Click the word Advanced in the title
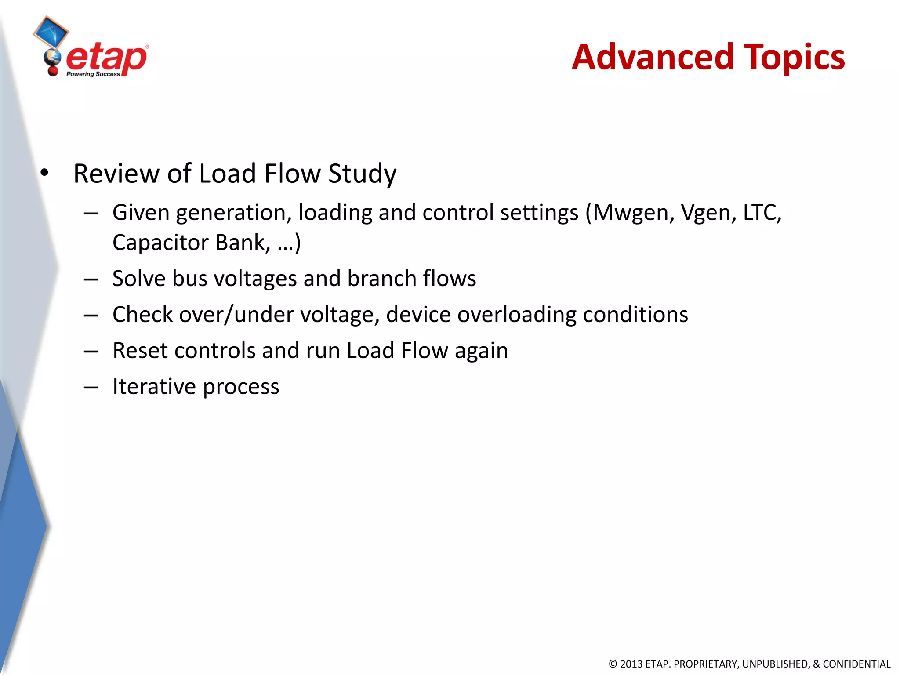tap(653, 57)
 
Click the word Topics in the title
tap(794, 58)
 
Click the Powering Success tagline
tap(93, 74)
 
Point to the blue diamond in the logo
tap(51, 32)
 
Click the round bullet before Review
tap(44, 173)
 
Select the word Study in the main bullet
tap(362, 174)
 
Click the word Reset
tap(140, 351)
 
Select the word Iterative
tap(154, 387)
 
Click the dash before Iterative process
tap(91, 387)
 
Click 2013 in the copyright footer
tap(631, 664)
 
